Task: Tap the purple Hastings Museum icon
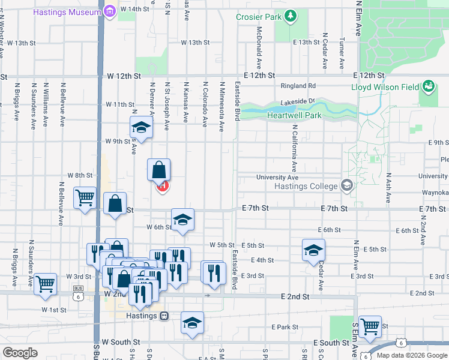[109, 10]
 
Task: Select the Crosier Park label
[259, 17]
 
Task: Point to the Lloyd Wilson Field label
[385, 87]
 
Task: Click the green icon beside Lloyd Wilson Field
[428, 87]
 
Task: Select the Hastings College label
[306, 186]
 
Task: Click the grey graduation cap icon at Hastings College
[346, 185]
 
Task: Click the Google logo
[20, 353]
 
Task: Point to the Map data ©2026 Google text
[411, 355]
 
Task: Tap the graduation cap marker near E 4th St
[313, 250]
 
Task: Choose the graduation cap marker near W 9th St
[141, 127]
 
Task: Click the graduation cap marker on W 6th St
[183, 220]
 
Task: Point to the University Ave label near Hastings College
[277, 177]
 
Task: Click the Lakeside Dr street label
[303, 102]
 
